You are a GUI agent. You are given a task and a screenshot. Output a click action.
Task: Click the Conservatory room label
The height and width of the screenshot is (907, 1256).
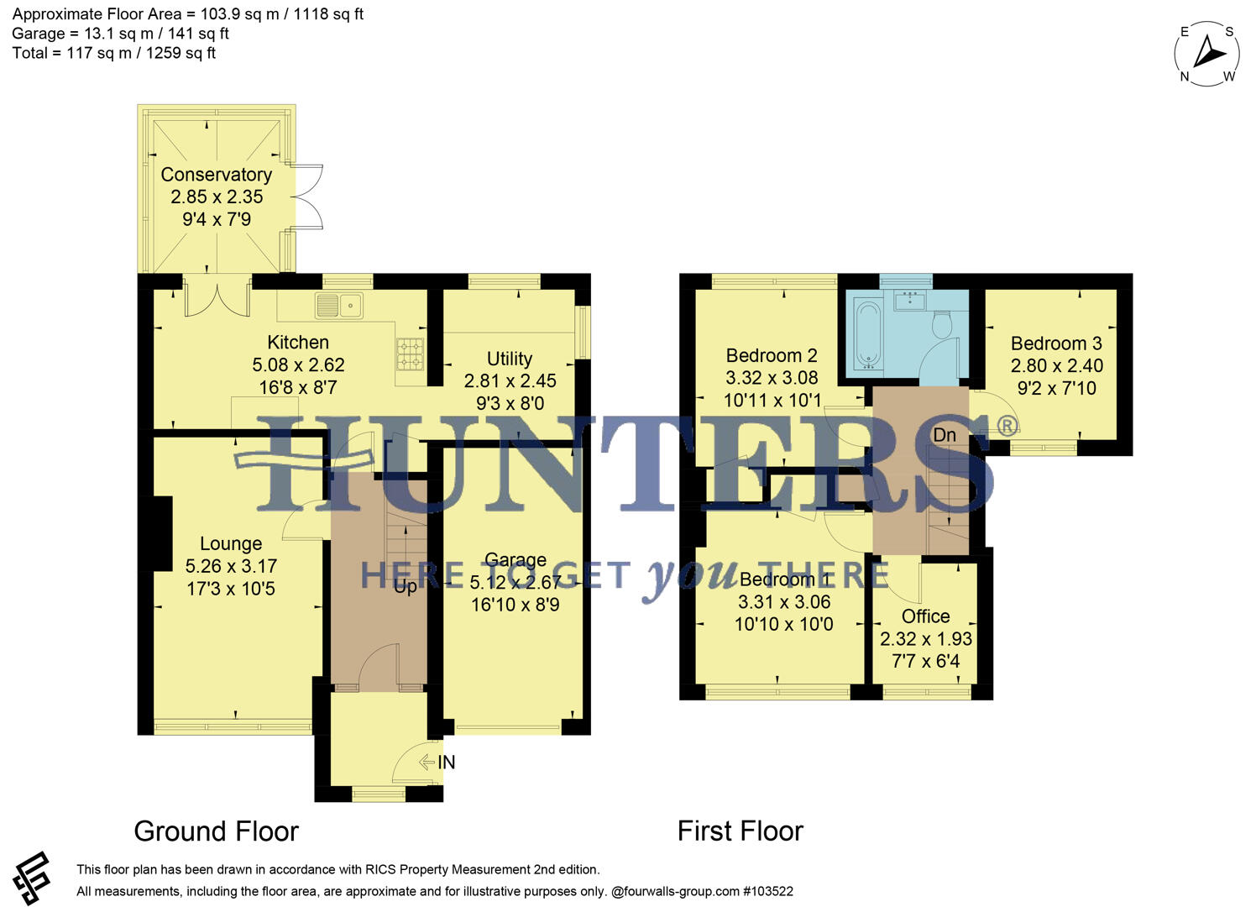pyautogui.click(x=216, y=175)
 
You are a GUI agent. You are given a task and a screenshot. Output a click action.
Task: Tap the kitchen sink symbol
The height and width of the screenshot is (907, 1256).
pyautogui.click(x=338, y=306)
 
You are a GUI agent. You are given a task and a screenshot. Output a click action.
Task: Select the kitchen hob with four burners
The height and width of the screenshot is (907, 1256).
pyautogui.click(x=411, y=354)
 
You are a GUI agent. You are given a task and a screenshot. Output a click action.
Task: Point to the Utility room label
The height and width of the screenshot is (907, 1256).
pyautogui.click(x=510, y=359)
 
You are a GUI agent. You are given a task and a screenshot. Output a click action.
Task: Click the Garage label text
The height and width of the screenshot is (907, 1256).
pyautogui.click(x=515, y=560)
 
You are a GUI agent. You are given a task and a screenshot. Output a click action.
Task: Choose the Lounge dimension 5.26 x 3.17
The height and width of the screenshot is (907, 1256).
pyautogui.click(x=231, y=567)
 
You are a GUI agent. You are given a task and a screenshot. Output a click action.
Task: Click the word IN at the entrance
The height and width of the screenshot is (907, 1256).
pyautogui.click(x=447, y=763)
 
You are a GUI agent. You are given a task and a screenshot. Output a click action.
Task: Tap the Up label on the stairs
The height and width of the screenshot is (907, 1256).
pyautogui.click(x=406, y=587)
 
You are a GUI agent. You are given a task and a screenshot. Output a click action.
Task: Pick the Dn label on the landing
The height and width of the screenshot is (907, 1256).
pyautogui.click(x=945, y=435)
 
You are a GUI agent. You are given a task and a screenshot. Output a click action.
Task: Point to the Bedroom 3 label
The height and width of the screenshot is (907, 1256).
pyautogui.click(x=1056, y=343)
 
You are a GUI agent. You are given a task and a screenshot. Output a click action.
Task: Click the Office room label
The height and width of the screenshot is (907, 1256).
pyautogui.click(x=925, y=616)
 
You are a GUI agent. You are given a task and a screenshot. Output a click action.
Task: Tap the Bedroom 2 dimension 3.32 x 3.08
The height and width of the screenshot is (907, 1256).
pyautogui.click(x=772, y=378)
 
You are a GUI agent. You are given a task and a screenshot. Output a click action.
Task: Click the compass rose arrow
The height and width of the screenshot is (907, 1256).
pyautogui.click(x=1208, y=53)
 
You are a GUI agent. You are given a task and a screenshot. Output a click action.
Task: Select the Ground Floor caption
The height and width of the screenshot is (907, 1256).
pyautogui.click(x=216, y=831)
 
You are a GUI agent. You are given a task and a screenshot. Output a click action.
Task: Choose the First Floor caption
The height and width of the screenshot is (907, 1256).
pyautogui.click(x=740, y=831)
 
